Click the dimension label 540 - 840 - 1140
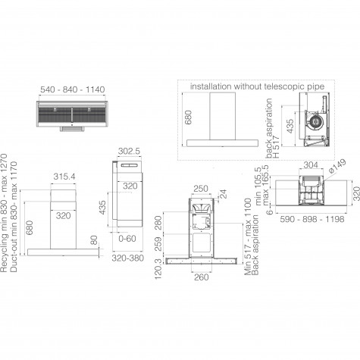[73, 89]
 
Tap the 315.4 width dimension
[64, 177]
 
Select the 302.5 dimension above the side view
[129, 151]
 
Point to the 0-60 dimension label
[127, 238]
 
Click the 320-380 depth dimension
[128, 258]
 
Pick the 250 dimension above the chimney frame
[201, 189]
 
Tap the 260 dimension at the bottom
[202, 277]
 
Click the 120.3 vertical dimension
[158, 269]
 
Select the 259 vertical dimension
[158, 244]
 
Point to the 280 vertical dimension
[158, 223]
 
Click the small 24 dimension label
[224, 194]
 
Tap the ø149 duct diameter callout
[337, 166]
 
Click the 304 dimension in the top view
[311, 165]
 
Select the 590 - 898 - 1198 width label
[312, 219]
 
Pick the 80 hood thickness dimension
[94, 240]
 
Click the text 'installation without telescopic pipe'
[257, 86]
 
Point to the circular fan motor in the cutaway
[315, 122]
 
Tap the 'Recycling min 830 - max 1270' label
[4, 213]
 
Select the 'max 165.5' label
[266, 185]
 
